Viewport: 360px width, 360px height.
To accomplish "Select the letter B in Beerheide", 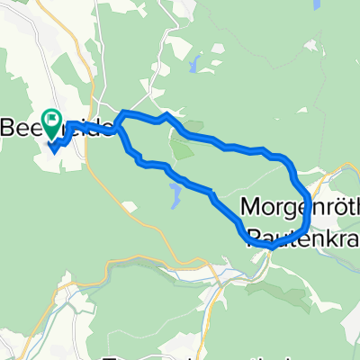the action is [10, 126].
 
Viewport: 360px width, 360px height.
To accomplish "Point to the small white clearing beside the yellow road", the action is [132, 209].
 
